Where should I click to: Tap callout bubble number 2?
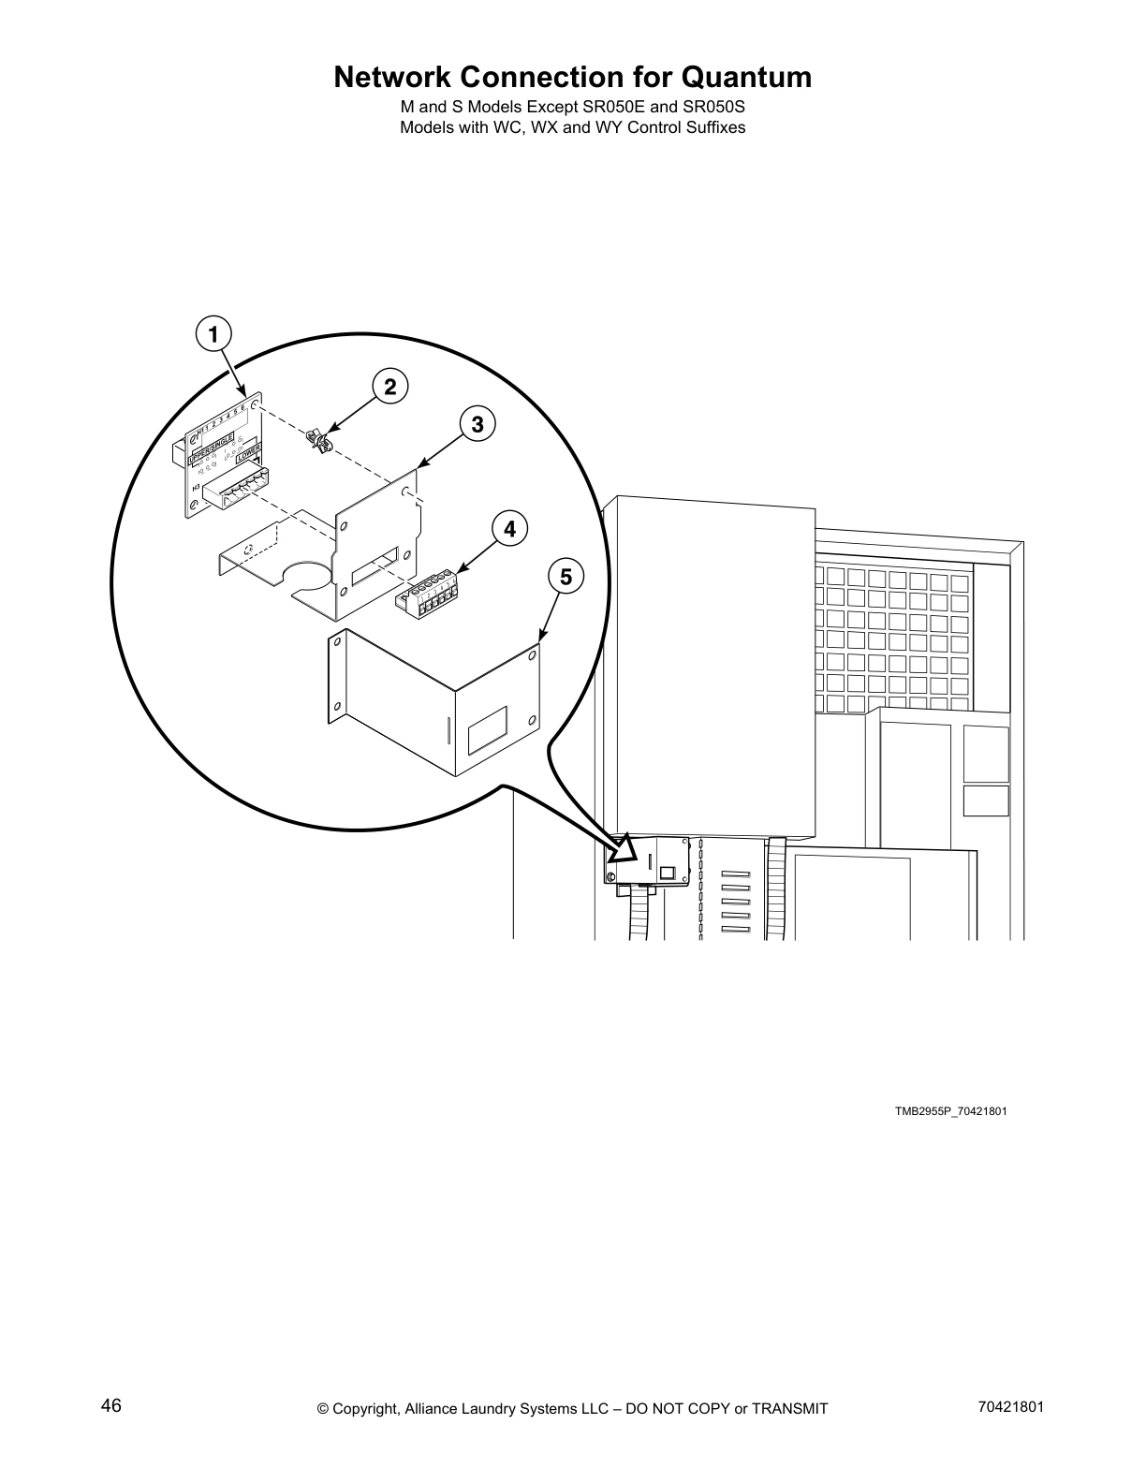tap(389, 387)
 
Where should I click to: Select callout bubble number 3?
tap(477, 424)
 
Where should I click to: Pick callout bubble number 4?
tap(508, 529)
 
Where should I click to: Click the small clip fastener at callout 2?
tap(319, 441)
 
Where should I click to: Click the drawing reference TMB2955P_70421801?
tap(949, 1111)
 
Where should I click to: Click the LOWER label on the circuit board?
tap(248, 455)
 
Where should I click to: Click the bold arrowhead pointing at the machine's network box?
tap(624, 851)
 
